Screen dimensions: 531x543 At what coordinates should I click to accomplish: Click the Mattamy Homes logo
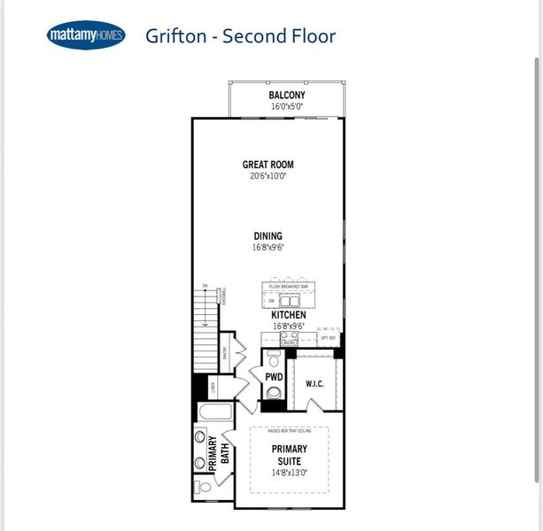click(85, 36)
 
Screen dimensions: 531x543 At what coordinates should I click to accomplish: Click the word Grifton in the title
click(178, 36)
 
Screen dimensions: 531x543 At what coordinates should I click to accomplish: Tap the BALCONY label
click(287, 96)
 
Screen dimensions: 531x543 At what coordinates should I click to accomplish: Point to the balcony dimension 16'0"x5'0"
click(287, 107)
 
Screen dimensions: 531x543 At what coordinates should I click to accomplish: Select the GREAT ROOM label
click(268, 165)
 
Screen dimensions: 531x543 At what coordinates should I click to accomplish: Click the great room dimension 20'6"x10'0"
click(268, 176)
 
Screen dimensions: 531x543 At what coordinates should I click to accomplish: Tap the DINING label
click(268, 236)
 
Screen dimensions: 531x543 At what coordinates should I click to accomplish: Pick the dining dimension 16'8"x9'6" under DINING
click(268, 248)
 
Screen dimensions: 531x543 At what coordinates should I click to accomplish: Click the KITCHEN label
click(289, 315)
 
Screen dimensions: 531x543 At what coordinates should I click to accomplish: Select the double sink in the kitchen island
click(290, 300)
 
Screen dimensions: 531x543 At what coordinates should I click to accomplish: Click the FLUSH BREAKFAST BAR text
click(290, 287)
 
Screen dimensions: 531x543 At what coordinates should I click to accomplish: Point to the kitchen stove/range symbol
click(289, 337)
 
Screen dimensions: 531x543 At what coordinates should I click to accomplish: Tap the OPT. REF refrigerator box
click(328, 338)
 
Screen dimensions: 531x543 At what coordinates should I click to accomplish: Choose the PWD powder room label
click(274, 377)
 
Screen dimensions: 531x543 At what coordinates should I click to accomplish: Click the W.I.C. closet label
click(314, 383)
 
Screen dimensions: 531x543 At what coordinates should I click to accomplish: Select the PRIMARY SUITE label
click(290, 455)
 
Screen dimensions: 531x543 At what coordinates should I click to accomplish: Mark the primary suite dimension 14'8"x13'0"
click(290, 473)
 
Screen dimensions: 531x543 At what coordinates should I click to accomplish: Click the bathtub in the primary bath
click(214, 412)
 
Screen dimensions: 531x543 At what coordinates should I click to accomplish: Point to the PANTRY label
click(225, 356)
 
